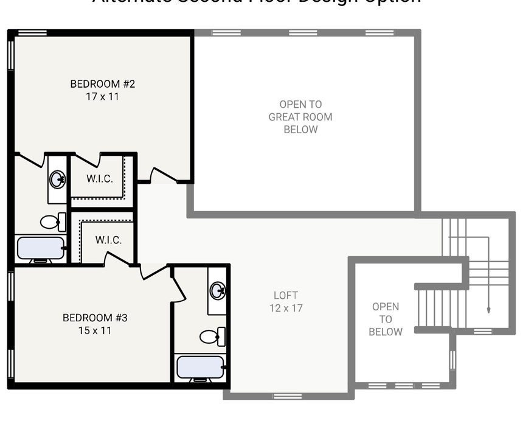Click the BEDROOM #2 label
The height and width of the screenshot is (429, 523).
(102, 84)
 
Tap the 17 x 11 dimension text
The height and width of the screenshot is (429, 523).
(102, 96)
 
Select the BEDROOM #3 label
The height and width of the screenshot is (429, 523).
(95, 318)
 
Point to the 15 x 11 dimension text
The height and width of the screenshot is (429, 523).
(95, 330)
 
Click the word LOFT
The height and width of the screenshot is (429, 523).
(286, 295)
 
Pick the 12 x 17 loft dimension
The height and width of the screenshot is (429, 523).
(286, 308)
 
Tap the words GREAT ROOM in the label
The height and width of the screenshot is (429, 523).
(300, 117)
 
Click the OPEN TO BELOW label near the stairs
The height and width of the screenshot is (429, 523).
(386, 319)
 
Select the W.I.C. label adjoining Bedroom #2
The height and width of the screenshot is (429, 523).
(99, 178)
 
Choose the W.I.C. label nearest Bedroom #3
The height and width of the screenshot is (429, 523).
(108, 240)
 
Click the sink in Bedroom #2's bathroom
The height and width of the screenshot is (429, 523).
(58, 179)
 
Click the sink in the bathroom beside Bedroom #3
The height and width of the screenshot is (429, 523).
(218, 290)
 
